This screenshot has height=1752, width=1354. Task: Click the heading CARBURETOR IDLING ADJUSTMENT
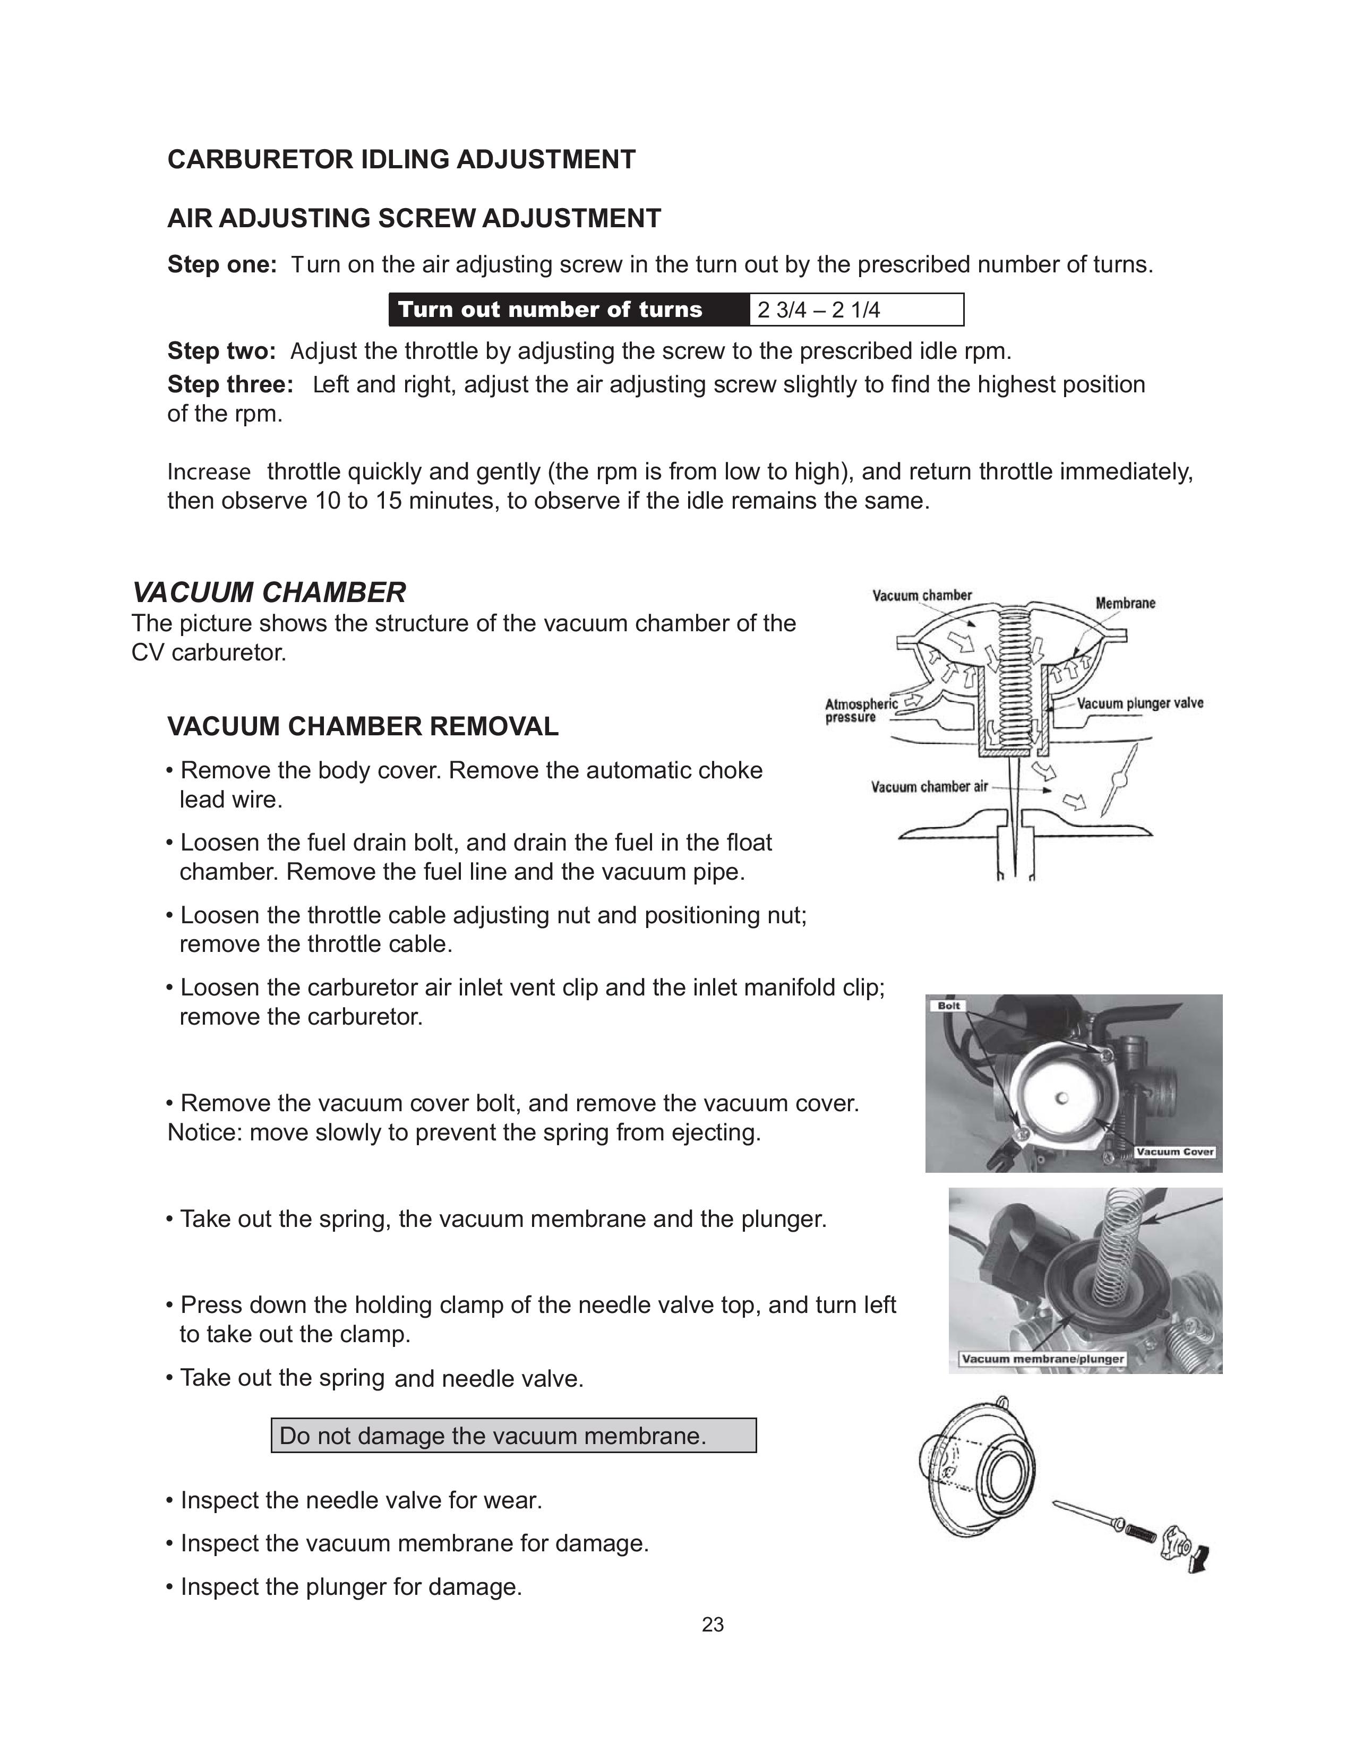pyautogui.click(x=401, y=160)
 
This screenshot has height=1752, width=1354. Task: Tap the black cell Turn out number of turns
pyautogui.click(x=550, y=310)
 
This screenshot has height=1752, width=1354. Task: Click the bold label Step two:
pyautogui.click(x=221, y=351)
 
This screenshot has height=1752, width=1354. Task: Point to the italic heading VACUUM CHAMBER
pyautogui.click(x=269, y=593)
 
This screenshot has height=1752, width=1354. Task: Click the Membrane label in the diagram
pyautogui.click(x=1125, y=603)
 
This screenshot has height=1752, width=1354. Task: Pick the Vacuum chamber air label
pyautogui.click(x=929, y=787)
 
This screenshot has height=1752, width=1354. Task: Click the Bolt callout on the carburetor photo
pyautogui.click(x=949, y=1006)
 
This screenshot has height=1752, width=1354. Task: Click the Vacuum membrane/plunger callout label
pyautogui.click(x=1042, y=1359)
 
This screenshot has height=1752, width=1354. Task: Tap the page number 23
pyautogui.click(x=712, y=1625)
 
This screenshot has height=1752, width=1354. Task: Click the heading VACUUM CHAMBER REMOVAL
pyautogui.click(x=363, y=727)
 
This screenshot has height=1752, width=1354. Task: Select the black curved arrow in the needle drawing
pyautogui.click(x=1200, y=1559)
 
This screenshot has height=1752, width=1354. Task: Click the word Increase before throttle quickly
pyautogui.click(x=209, y=471)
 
